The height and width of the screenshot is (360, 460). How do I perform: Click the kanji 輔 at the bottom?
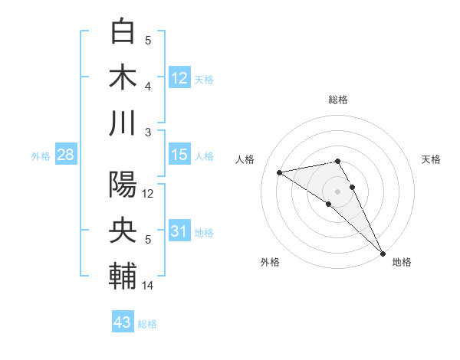tap(123, 277)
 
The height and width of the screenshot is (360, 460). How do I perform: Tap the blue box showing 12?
tap(179, 77)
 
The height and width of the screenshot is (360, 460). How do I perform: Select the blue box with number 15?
tap(179, 155)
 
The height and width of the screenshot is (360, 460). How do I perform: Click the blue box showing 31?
tap(179, 231)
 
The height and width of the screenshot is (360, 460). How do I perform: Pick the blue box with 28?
tap(65, 155)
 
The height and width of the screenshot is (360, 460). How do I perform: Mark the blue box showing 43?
tap(123, 322)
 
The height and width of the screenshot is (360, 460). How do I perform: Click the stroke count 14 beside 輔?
tap(148, 286)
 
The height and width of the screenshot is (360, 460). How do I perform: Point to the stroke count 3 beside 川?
tap(148, 133)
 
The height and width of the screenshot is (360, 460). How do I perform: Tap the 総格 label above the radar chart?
tap(338, 100)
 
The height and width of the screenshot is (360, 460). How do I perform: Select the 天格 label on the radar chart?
tap(431, 159)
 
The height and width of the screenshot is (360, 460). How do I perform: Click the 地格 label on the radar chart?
tap(402, 262)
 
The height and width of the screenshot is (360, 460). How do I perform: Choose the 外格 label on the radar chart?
tap(270, 262)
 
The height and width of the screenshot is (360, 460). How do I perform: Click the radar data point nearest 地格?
tap(382, 252)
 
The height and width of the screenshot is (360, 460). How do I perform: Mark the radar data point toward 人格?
tap(280, 172)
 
